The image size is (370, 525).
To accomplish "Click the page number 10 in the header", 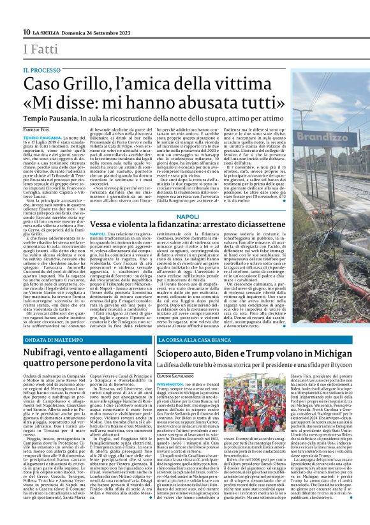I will click(x=26, y=33).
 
